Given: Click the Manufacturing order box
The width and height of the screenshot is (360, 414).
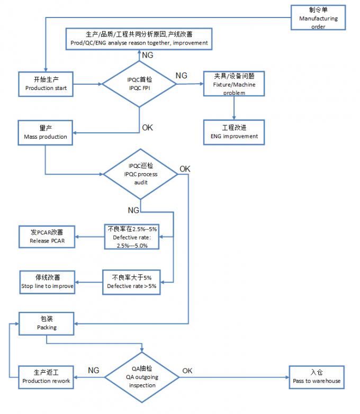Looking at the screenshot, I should [318, 18].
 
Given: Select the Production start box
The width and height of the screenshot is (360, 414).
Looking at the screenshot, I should [46, 83].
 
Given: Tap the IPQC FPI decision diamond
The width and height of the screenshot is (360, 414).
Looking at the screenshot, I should [139, 83].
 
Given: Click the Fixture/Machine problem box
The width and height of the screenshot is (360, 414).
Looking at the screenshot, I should [233, 84].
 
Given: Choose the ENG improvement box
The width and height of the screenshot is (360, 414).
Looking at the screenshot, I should [233, 131].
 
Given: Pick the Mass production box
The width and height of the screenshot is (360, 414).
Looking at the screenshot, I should [46, 132].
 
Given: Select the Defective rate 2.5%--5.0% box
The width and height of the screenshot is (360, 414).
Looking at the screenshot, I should [131, 237].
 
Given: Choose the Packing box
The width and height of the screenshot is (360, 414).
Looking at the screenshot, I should [47, 323].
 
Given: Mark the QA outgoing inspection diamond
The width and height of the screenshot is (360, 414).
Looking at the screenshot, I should [142, 376].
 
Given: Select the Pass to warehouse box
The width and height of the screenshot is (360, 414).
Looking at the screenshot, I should [317, 376].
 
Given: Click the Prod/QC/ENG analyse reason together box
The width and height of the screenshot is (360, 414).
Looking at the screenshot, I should [139, 38].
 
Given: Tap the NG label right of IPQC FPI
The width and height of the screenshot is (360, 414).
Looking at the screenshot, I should [181, 76].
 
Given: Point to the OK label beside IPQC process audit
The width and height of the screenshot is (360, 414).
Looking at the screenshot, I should [185, 169].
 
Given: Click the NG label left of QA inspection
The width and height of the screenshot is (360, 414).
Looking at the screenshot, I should [93, 371].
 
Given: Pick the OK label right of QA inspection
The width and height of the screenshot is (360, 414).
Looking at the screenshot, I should [187, 371].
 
